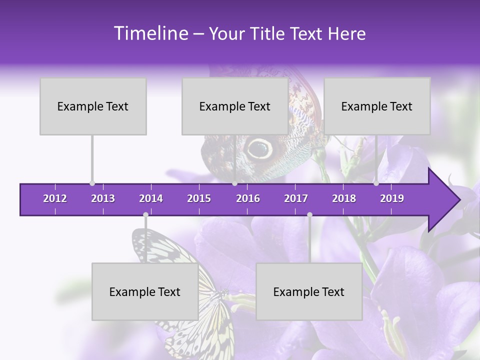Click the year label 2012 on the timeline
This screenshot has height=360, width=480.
pyautogui.click(x=55, y=198)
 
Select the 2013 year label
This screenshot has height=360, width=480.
pyautogui.click(x=103, y=198)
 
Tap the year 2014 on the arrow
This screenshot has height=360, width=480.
pyautogui.click(x=151, y=198)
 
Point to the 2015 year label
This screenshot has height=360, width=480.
pyautogui.click(x=199, y=198)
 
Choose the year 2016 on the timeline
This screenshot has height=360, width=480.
pyautogui.click(x=248, y=198)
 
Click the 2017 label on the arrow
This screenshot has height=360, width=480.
pyautogui.click(x=296, y=198)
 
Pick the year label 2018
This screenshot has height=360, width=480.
pyautogui.click(x=344, y=198)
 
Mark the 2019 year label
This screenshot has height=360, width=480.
pyautogui.click(x=392, y=198)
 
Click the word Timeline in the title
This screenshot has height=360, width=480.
pyautogui.click(x=150, y=33)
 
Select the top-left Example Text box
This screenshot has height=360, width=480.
pyautogui.click(x=93, y=106)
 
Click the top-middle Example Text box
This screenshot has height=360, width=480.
pyautogui.click(x=235, y=106)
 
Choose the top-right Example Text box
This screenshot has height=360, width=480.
pyautogui.click(x=377, y=106)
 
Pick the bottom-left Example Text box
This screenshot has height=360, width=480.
pyautogui.click(x=145, y=291)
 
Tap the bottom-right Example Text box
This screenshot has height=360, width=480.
pyautogui.click(x=309, y=291)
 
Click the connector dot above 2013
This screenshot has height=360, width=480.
pyautogui.click(x=92, y=183)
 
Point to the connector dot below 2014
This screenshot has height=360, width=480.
pyautogui.click(x=145, y=215)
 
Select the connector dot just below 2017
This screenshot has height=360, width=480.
pyautogui.click(x=309, y=215)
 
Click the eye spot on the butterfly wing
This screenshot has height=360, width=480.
pyautogui.click(x=259, y=148)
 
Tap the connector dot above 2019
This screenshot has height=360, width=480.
pyautogui.click(x=376, y=183)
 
